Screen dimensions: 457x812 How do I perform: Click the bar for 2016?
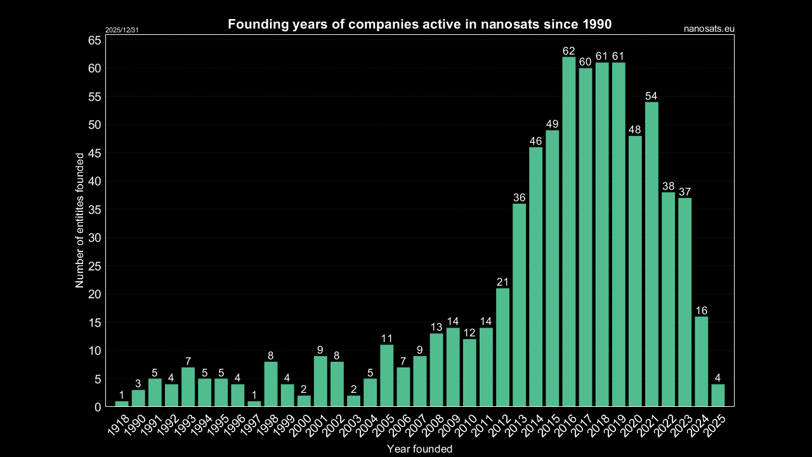click(568, 232)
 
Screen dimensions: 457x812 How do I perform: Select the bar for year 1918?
click(122, 404)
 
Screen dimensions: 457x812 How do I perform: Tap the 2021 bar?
click(652, 254)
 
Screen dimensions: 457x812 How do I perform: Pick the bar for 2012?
click(502, 347)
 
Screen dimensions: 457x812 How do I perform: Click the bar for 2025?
click(717, 395)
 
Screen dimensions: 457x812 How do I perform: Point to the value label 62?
click(568, 51)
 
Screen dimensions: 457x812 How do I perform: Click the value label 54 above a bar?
click(652, 96)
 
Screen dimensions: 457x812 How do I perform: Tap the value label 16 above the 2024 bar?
click(701, 310)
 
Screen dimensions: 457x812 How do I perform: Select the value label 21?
click(502, 282)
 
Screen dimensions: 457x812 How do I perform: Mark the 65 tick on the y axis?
click(95, 41)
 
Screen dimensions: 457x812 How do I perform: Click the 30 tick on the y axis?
click(95, 238)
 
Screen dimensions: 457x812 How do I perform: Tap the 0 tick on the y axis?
click(98, 407)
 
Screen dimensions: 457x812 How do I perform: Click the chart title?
click(419, 25)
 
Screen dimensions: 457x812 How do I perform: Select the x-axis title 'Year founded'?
click(419, 449)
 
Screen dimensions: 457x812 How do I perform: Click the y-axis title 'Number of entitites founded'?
click(80, 220)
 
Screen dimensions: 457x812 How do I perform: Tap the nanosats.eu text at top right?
click(709, 29)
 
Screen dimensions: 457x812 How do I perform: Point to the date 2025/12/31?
click(122, 30)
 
